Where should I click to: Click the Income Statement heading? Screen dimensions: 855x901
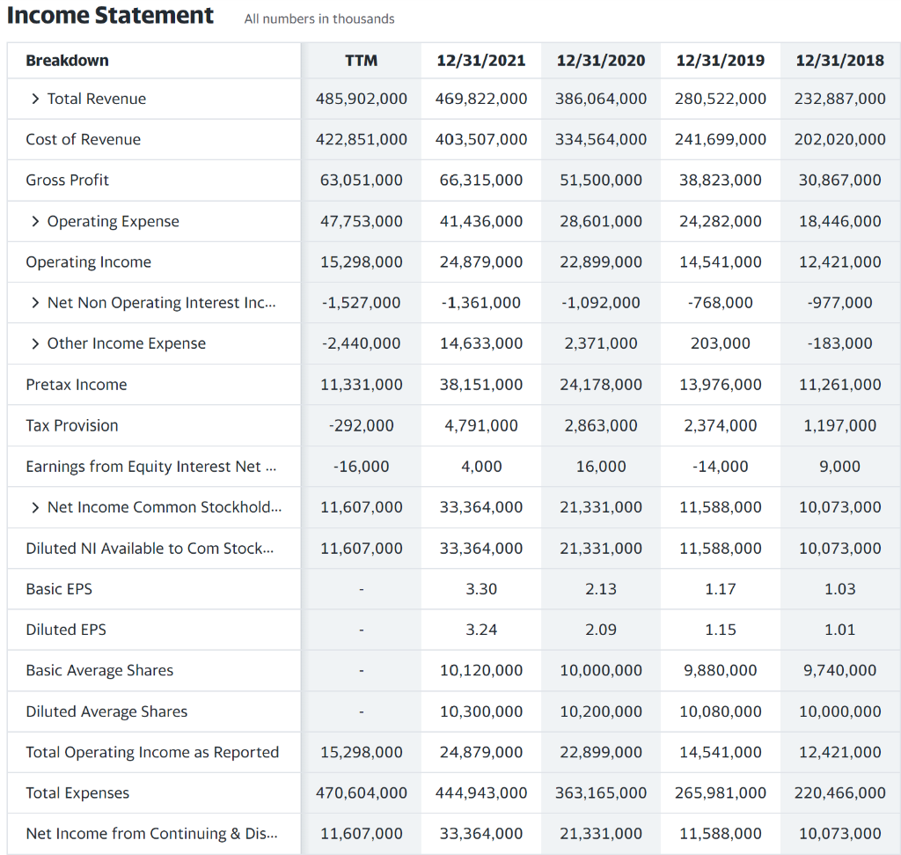[x=111, y=16]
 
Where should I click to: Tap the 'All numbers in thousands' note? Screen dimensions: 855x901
[x=319, y=18]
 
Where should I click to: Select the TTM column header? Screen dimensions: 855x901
[x=361, y=60]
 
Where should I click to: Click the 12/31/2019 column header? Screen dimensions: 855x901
[x=720, y=60]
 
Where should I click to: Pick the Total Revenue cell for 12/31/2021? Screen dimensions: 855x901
[x=481, y=99]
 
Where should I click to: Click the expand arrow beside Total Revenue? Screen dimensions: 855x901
[x=35, y=99]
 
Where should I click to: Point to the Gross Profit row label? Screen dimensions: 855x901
[x=68, y=180]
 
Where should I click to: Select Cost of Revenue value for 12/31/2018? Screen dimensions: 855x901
[x=839, y=139]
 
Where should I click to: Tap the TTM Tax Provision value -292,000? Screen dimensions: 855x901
[x=361, y=425]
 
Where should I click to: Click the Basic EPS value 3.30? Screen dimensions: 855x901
[x=481, y=589]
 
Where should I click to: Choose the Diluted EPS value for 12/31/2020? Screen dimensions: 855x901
[x=601, y=630]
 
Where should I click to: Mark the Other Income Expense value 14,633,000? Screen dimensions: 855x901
[x=481, y=343]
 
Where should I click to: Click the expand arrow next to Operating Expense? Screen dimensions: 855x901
[x=35, y=221]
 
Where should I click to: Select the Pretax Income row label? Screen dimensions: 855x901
[x=77, y=385]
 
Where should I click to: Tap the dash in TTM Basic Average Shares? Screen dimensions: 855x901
[x=361, y=670]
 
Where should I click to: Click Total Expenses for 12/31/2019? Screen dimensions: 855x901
[x=720, y=792]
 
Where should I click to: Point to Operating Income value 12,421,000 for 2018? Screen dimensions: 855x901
[x=839, y=262]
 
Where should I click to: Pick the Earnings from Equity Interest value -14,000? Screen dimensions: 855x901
[x=720, y=466]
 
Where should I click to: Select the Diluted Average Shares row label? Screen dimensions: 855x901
[x=106, y=711]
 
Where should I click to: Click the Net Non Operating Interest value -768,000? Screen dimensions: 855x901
[x=720, y=303]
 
